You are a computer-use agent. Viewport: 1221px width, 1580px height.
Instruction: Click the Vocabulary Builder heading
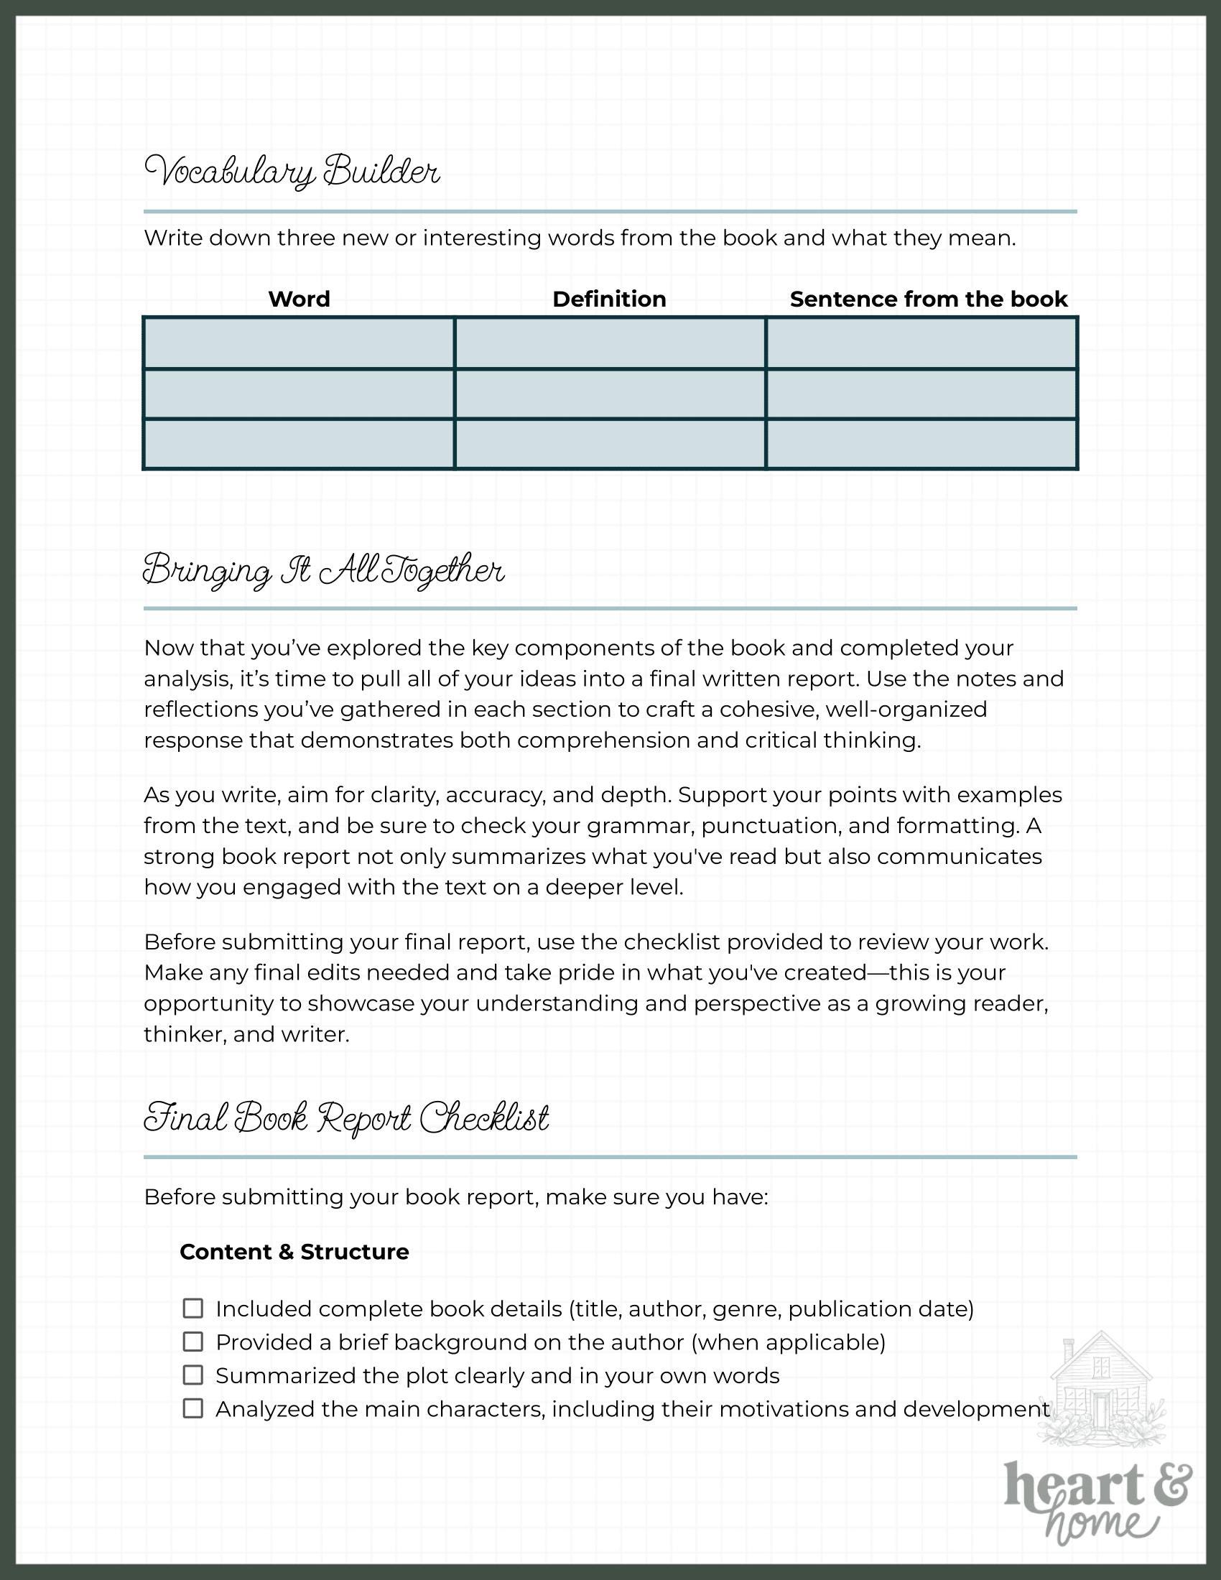point(292,172)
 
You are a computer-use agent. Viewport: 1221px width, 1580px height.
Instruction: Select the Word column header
point(299,299)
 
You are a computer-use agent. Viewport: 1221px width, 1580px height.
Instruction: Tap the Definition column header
point(609,299)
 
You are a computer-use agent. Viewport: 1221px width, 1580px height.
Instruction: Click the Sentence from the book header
point(928,299)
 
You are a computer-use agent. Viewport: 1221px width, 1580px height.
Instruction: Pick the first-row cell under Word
point(299,343)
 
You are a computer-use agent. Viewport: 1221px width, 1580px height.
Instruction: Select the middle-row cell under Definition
point(610,394)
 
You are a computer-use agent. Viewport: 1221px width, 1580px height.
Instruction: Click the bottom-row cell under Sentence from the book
point(921,443)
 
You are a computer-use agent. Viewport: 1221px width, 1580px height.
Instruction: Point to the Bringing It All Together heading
point(323,570)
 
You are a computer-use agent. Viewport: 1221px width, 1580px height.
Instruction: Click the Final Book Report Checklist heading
point(346,1117)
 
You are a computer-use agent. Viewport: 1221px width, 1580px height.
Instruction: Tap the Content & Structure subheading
point(294,1252)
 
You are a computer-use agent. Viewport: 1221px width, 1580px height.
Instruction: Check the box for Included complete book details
point(192,1309)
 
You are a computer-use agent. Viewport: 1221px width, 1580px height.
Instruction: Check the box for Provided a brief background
point(192,1342)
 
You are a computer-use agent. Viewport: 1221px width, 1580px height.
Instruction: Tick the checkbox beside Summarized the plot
point(192,1375)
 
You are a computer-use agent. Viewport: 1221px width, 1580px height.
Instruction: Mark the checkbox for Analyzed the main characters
point(192,1408)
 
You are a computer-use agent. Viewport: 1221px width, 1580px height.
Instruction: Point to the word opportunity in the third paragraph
point(222,1003)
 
